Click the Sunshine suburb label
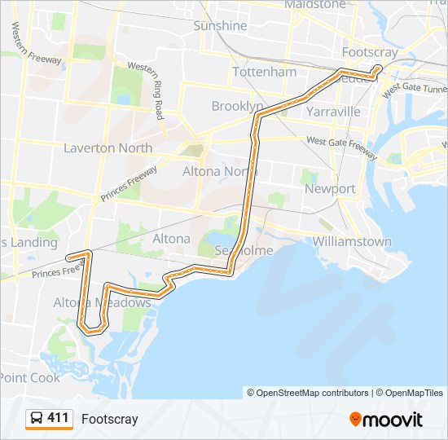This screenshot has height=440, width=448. point(220,26)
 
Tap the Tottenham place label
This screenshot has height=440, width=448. point(264,72)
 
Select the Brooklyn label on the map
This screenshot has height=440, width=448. point(237,106)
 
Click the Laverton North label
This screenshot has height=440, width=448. point(108,148)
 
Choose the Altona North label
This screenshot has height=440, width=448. point(220,171)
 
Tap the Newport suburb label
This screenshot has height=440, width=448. point(330,189)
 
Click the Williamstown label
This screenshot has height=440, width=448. point(352,241)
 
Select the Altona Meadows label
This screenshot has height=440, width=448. point(102,303)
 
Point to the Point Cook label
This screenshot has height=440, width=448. point(30,377)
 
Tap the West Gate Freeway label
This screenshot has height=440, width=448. point(342,147)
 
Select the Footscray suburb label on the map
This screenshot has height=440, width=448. point(371,51)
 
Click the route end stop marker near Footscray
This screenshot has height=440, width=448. point(377,68)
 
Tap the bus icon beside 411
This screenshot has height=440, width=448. point(37,419)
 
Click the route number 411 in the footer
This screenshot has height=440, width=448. point(58,419)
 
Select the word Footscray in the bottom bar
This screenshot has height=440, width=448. point(109,420)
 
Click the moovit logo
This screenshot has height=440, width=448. point(386,420)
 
